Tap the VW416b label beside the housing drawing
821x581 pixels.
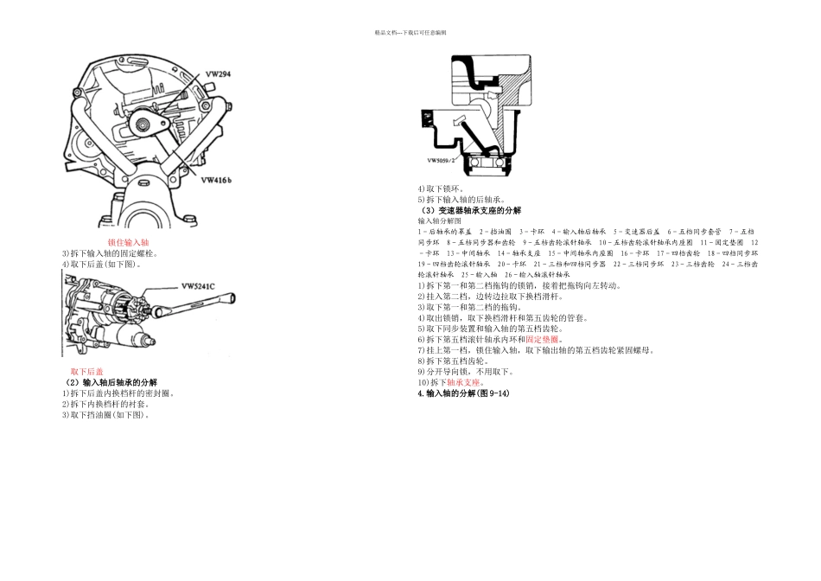pos(220,181)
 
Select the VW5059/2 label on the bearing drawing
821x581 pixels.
pos(441,160)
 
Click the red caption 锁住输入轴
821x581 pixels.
pos(129,243)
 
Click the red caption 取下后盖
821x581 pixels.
pos(86,372)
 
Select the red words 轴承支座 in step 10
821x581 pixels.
pos(464,382)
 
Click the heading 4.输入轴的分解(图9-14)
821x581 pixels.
pos(463,393)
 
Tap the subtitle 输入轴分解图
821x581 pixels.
pos(442,221)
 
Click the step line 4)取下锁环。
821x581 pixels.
pos(441,188)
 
